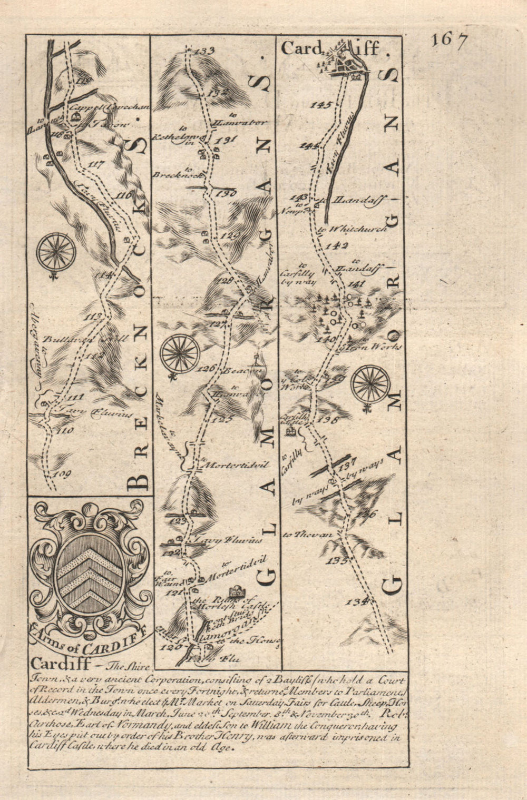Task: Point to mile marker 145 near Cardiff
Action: click(321, 105)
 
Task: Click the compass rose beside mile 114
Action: click(56, 252)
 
